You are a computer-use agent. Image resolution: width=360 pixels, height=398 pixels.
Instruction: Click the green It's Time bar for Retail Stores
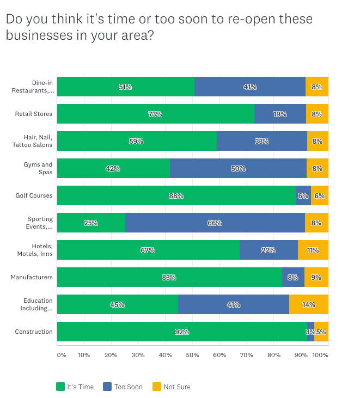[x=155, y=114]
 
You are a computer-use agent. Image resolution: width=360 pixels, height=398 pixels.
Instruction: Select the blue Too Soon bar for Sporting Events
[x=215, y=223]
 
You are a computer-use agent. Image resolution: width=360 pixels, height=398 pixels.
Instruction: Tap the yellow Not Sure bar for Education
[x=309, y=304]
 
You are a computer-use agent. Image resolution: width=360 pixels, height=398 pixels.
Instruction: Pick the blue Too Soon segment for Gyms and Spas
[x=238, y=168]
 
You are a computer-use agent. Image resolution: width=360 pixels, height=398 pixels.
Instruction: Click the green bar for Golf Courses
[x=176, y=195]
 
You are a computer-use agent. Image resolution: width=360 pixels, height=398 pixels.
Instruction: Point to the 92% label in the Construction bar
[x=182, y=332]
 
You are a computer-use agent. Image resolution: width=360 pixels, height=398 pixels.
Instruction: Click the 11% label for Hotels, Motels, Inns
[x=313, y=250]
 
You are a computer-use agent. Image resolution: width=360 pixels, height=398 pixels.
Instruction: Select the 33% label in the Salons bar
[x=262, y=142]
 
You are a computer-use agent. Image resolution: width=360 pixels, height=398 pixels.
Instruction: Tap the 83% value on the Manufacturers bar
[x=169, y=278]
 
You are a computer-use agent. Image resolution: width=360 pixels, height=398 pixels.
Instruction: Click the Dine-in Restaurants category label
[x=33, y=87]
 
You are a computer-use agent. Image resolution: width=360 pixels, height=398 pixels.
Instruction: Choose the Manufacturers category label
[x=32, y=277]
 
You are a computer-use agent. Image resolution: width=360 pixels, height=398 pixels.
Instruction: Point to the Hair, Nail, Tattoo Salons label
[x=33, y=141]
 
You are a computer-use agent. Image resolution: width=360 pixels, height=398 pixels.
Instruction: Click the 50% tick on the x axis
[x=192, y=355]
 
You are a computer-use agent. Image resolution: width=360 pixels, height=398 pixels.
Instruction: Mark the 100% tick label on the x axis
[x=320, y=355]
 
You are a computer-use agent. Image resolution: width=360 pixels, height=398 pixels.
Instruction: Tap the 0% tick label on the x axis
[x=62, y=355]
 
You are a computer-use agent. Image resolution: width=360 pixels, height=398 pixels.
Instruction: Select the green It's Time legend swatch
[x=60, y=387]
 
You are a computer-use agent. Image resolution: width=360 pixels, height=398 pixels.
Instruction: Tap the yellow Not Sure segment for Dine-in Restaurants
[x=317, y=87]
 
